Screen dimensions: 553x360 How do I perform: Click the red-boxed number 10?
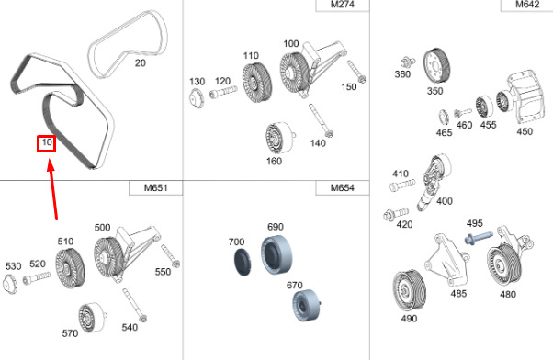pyautogui.click(x=47, y=143)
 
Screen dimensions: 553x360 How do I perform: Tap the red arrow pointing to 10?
pyautogui.click(x=53, y=189)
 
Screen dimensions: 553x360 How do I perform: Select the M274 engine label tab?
pyautogui.click(x=343, y=5)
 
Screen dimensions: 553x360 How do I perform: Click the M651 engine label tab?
pyautogui.click(x=155, y=188)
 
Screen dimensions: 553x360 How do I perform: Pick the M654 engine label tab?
pyautogui.click(x=342, y=188)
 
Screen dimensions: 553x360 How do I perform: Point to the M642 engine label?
pyautogui.click(x=527, y=5)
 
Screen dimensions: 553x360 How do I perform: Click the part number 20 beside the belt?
pyautogui.click(x=141, y=62)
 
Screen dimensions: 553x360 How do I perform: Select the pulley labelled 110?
pyautogui.click(x=257, y=83)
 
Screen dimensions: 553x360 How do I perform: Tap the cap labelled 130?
pyautogui.click(x=196, y=97)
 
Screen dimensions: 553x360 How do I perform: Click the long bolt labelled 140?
pyautogui.click(x=321, y=120)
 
